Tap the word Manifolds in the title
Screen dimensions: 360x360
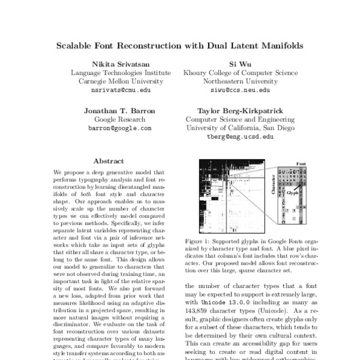pos(280,45)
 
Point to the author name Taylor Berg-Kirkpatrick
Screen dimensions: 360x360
pos(239,110)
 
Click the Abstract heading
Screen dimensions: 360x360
pos(109,161)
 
